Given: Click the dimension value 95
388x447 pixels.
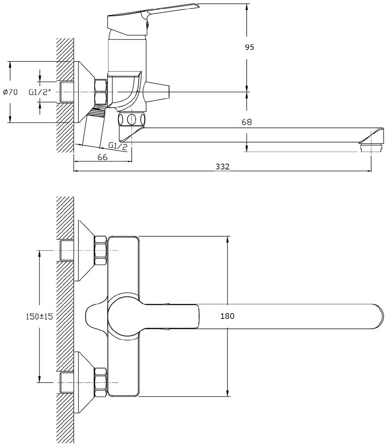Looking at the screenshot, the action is pyautogui.click(x=249, y=47).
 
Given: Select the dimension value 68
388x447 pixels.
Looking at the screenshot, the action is pyautogui.click(x=247, y=122).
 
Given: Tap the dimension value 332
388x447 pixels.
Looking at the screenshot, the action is pyautogui.click(x=222, y=167).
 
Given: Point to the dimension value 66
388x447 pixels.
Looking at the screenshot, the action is pyautogui.click(x=103, y=157).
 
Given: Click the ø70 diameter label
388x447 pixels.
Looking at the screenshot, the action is pyautogui.click(x=10, y=92).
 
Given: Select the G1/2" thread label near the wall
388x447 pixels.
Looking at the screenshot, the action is pyautogui.click(x=40, y=92).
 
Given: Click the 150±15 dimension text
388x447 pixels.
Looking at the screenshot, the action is pyautogui.click(x=39, y=316).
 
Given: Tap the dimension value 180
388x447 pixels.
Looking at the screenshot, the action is pyautogui.click(x=227, y=316).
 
